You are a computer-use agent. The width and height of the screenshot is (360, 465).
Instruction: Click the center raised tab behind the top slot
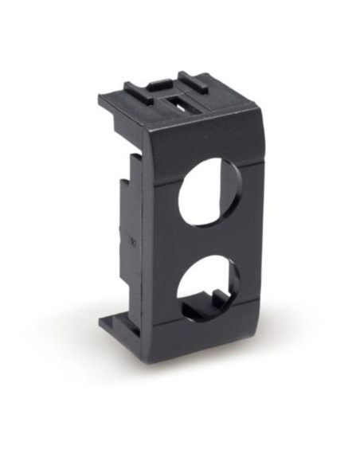(x=162, y=81)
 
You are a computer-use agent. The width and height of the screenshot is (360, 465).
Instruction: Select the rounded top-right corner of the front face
(x=253, y=119)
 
